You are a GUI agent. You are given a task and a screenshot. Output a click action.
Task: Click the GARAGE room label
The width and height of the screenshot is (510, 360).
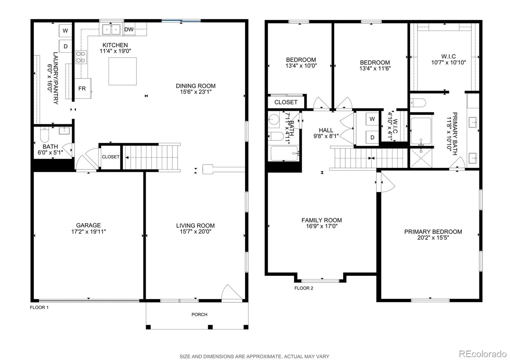coord(88,225)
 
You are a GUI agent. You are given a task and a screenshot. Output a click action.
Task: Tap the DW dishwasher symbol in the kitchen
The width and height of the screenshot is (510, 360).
coord(129,30)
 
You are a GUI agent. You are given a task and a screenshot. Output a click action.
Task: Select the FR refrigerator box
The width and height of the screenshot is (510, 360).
coord(82,88)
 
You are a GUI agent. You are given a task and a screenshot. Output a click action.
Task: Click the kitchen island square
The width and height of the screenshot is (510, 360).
coord(122,71)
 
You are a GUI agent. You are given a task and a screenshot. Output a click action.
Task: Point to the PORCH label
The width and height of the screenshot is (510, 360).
coord(199,314)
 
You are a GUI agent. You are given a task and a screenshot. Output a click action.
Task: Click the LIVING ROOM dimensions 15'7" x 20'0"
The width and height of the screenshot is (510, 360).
coord(195,232)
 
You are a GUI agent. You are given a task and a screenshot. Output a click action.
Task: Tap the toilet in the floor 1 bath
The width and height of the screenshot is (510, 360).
coord(44,135)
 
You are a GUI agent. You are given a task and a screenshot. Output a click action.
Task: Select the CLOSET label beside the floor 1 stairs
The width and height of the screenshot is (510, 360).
coord(111,157)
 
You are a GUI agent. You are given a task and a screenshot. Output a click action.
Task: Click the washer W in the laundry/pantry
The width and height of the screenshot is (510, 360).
coord(65,31)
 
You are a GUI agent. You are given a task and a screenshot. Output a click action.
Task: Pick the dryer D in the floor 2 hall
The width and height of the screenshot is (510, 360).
coord(372,137)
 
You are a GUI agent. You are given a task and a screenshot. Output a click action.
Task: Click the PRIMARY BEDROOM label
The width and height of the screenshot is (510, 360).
coord(433,232)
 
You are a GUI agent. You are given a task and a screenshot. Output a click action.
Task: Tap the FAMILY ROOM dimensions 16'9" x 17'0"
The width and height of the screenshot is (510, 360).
coord(322,226)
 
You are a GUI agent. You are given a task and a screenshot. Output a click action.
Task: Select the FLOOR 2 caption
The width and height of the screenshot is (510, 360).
coord(303,288)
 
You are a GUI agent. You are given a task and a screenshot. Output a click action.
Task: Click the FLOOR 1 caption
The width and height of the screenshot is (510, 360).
coord(39,307)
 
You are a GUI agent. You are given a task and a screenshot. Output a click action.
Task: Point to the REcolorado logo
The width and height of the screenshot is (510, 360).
coord(482,354)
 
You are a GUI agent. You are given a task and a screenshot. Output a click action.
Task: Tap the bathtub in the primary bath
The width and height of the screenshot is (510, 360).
coord(421,131)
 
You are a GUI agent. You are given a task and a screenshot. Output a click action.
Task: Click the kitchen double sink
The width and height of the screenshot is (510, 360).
coord(111,30)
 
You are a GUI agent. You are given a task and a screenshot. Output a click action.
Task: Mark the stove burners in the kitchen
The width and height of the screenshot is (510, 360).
coord(81,57)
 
